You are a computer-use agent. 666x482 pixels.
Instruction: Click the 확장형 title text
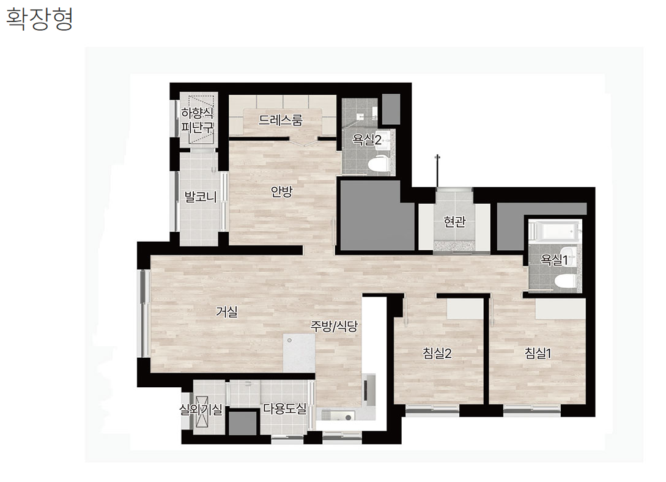40,19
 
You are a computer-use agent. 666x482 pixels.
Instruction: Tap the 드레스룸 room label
280,120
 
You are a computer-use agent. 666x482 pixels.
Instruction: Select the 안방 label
281,191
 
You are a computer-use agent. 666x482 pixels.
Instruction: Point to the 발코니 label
200,196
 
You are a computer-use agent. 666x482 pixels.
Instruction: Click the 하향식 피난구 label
197,120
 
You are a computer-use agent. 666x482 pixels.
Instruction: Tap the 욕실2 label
366,139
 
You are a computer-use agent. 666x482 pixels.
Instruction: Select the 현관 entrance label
454,221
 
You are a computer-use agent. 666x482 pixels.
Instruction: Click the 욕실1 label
554,259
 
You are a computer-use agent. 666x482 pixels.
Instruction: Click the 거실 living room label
226,311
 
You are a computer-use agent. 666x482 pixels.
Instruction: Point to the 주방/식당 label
334,326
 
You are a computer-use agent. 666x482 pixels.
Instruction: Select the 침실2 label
437,353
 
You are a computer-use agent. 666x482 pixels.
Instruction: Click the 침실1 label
538,353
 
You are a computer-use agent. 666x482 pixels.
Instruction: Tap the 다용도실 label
284,408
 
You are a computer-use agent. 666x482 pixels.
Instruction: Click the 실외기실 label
201,409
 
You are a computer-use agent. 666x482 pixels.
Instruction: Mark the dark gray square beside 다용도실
243,423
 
